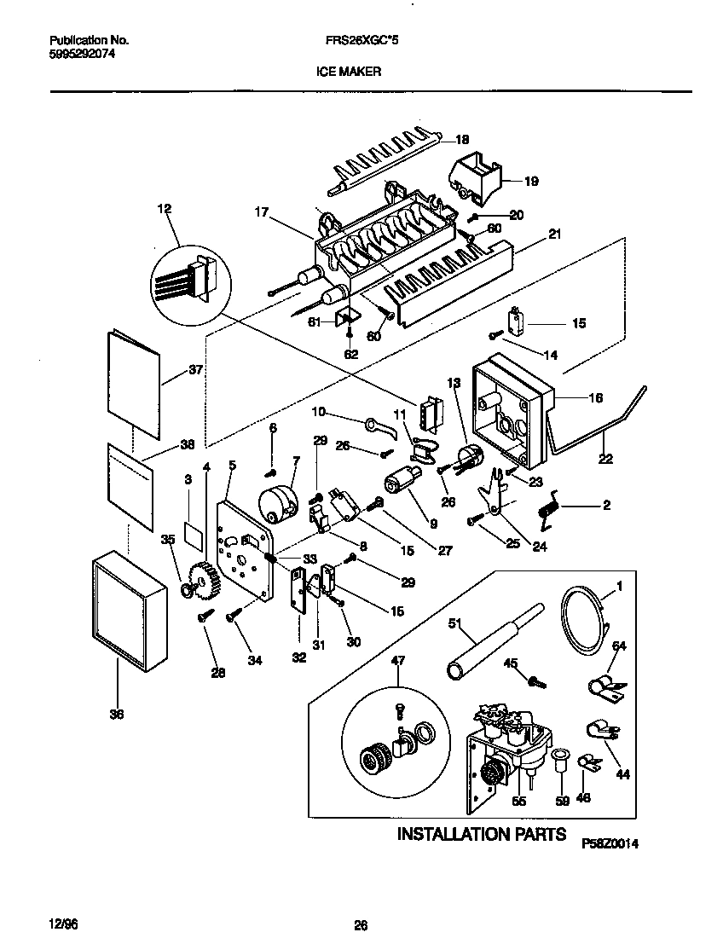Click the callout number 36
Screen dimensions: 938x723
(116, 715)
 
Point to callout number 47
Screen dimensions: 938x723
(397, 660)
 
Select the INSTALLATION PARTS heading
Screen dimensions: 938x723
(481, 833)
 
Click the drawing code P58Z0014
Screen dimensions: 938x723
(610, 842)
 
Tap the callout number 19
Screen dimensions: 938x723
(530, 181)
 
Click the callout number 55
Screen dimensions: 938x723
(518, 801)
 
